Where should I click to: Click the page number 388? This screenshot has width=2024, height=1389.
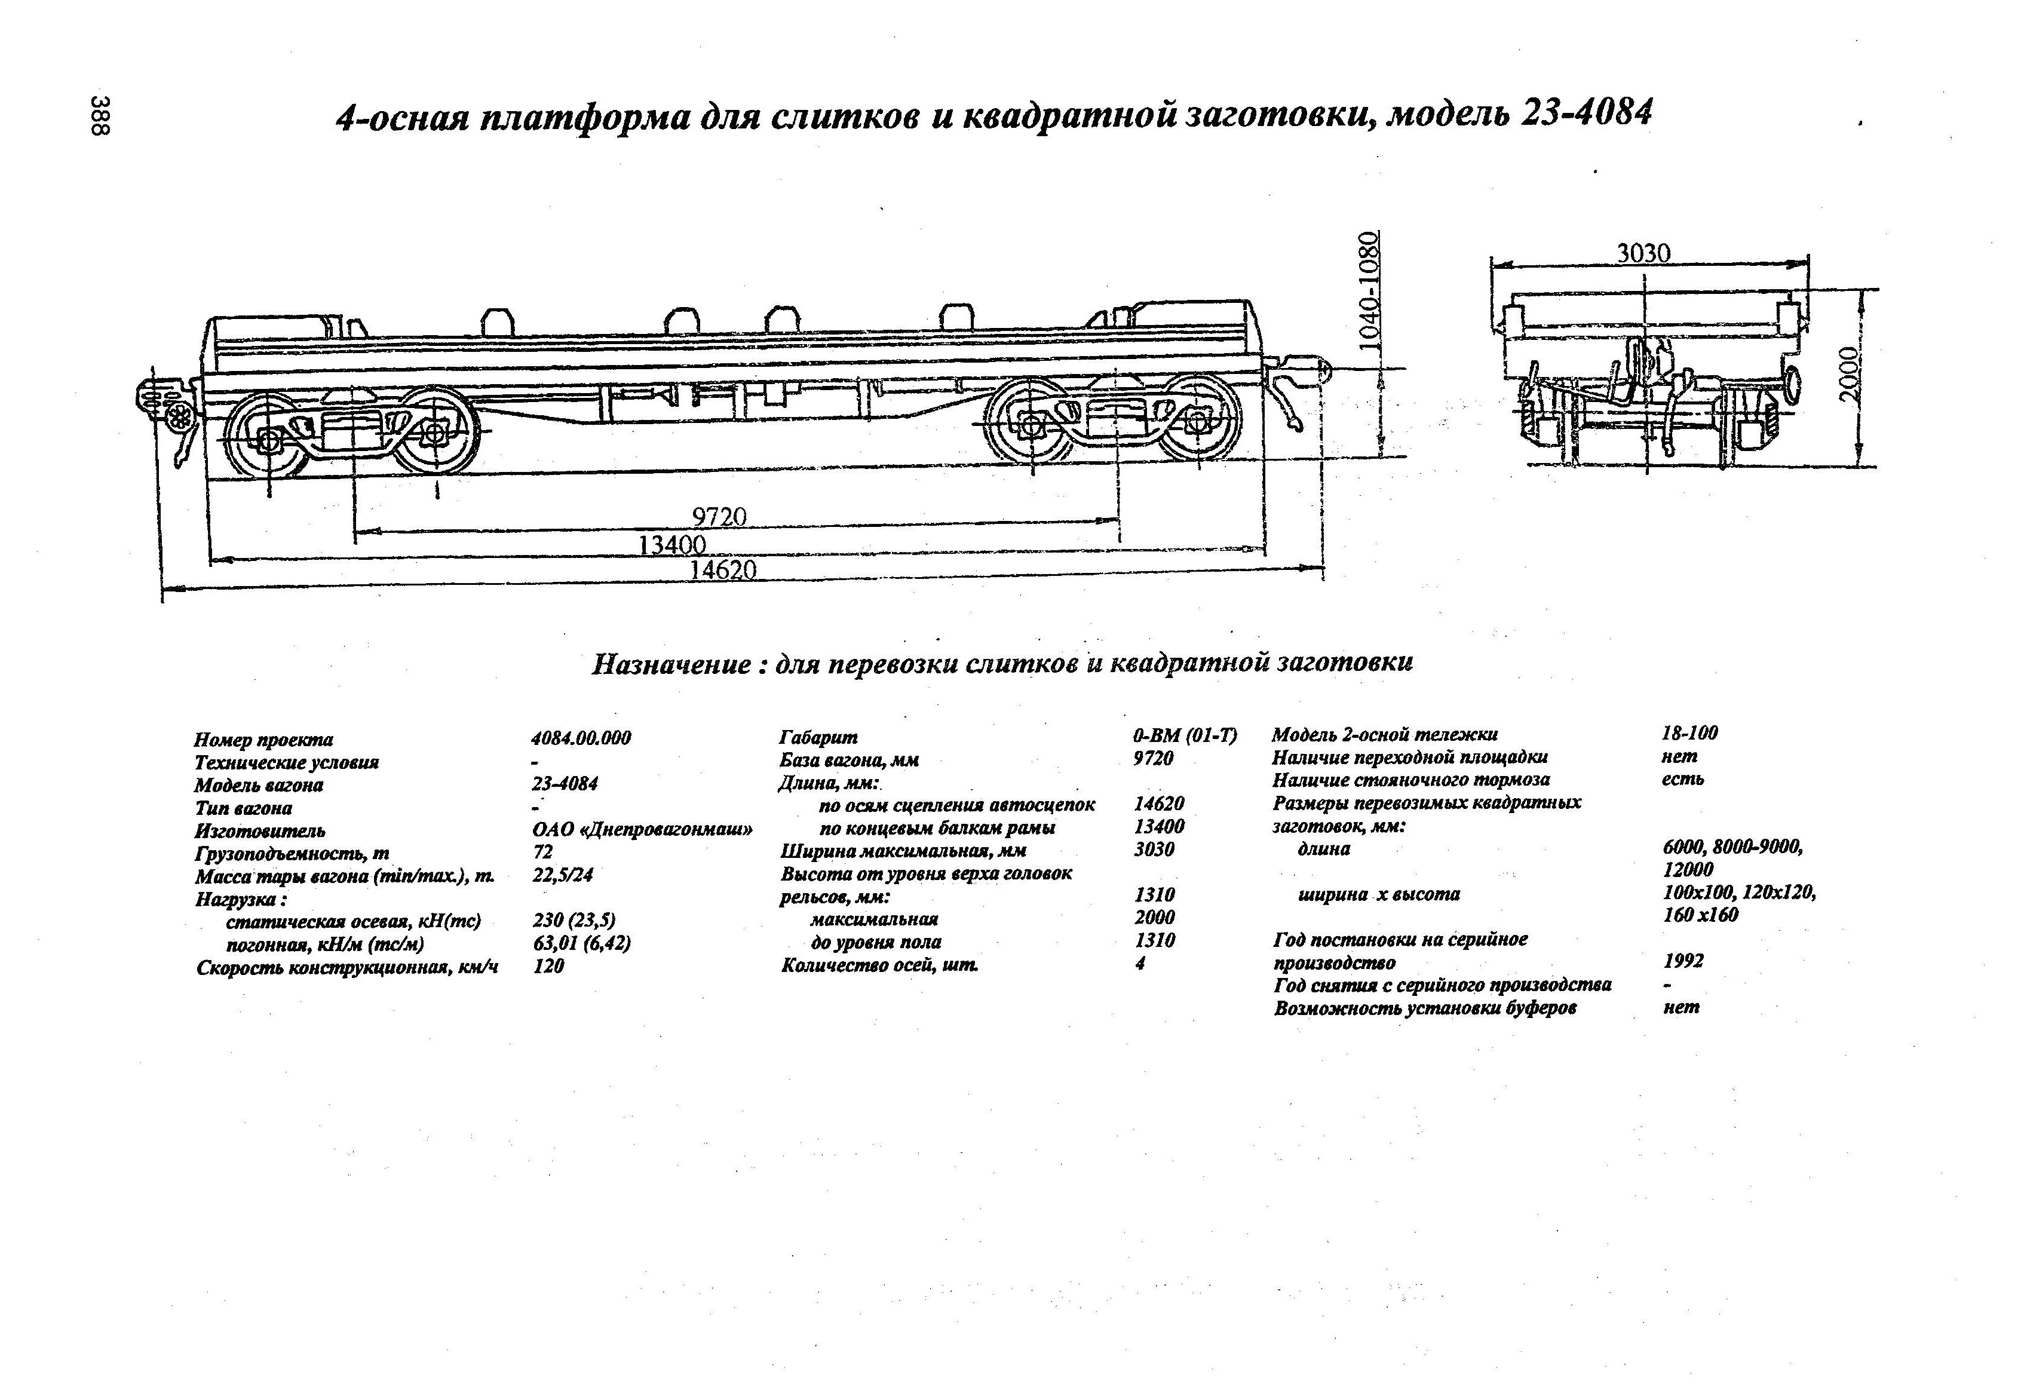point(102,115)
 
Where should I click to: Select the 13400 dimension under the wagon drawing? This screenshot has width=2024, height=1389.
point(671,545)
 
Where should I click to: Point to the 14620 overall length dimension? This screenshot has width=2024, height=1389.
point(723,571)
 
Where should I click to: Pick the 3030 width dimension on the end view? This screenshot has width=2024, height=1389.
point(1644,253)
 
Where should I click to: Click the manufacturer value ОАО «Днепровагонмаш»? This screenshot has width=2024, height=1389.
point(642,829)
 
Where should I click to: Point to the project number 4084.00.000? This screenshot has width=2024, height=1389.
point(580,738)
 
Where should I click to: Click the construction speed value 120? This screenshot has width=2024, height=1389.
point(548,966)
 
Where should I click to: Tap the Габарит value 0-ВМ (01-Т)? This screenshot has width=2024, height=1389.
point(1185,736)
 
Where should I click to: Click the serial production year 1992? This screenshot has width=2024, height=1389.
point(1683,961)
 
